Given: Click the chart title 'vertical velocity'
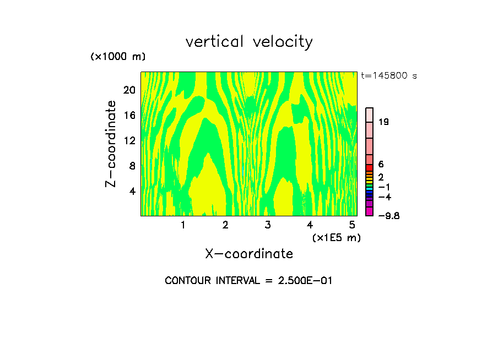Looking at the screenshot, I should (249, 42).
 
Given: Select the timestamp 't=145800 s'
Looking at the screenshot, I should (389, 76).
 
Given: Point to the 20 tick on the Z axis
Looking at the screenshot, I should (129, 90).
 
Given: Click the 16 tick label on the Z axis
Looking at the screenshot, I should (129, 115).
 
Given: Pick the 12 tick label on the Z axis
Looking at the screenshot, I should (129, 140).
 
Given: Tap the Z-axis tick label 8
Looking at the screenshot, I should (132, 166).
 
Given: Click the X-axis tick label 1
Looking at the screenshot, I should (183, 225).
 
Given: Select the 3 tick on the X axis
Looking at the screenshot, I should (267, 225).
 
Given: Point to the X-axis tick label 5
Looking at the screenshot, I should (352, 225).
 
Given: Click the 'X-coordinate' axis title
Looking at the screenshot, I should (249, 254).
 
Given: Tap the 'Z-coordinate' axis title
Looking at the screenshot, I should (111, 144).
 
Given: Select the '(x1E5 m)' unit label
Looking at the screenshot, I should (336, 238).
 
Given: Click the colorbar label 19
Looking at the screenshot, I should (384, 122).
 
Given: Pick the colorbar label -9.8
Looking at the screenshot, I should (389, 216).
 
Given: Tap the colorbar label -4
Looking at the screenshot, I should (385, 197).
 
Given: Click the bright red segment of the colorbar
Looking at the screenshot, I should (370, 167).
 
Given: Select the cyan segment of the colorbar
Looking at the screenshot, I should (370, 188).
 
